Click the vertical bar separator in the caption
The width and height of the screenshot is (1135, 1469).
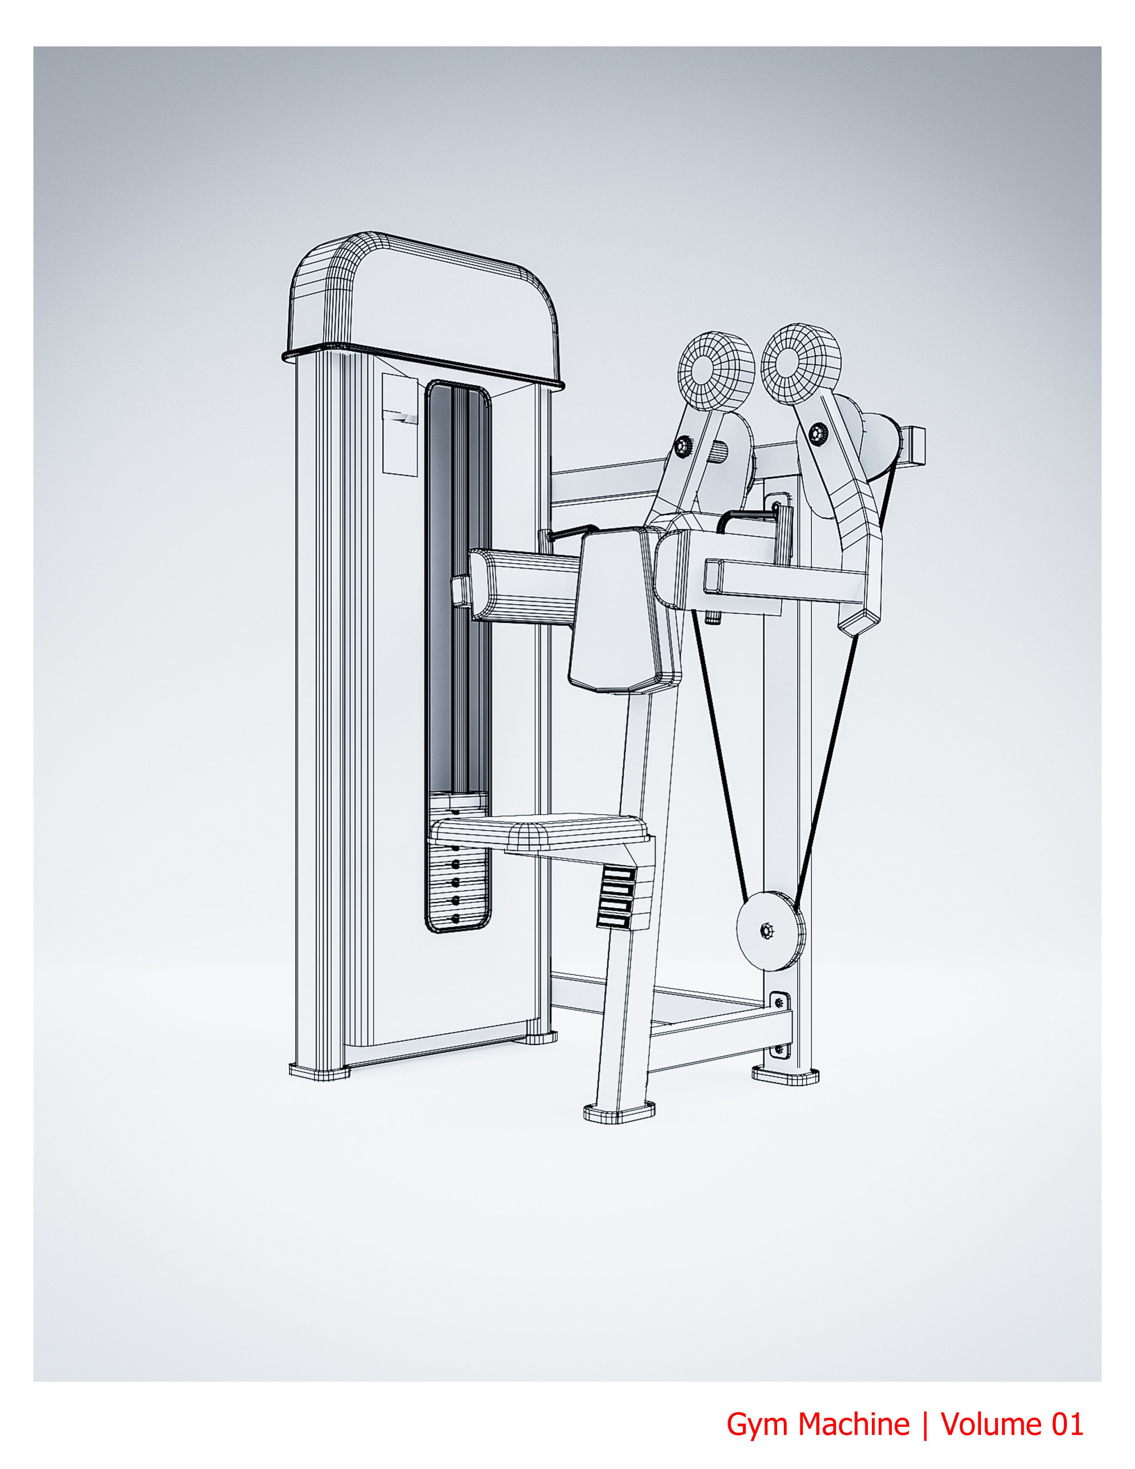(x=925, y=1424)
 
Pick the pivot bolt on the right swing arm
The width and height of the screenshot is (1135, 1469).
(x=818, y=433)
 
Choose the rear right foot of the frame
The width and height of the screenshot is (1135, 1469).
(x=785, y=1074)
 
